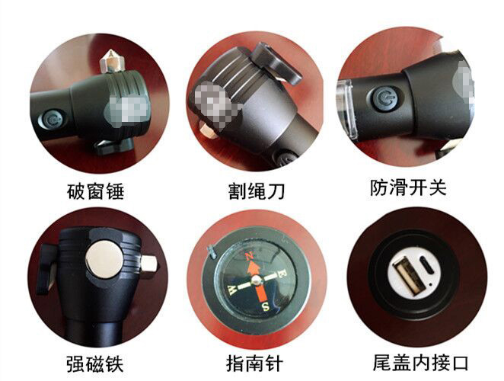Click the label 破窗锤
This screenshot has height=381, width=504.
click(95, 191)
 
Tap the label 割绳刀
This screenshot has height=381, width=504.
click(256, 191)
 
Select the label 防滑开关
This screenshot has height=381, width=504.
click(408, 187)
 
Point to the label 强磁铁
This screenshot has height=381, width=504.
click(95, 363)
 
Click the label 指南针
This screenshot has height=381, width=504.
click(254, 363)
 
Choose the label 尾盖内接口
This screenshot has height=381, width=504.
click(421, 363)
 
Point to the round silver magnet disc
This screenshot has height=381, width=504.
click(104, 259)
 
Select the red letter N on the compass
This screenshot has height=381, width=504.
click(248, 257)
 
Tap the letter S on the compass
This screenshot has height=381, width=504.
click(266, 307)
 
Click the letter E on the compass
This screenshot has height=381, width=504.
click(282, 274)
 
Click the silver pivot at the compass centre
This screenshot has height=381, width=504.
click(256, 280)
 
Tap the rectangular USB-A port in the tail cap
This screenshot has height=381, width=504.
click(404, 276)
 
